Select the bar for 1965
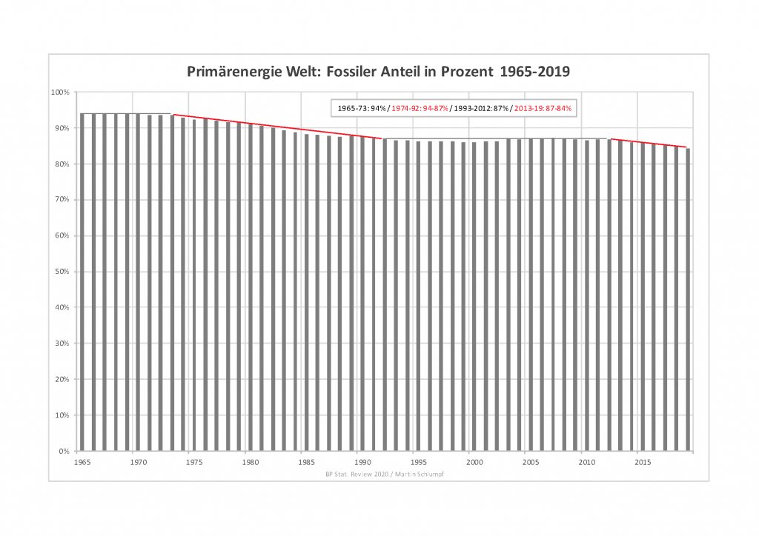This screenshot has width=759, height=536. (82, 281)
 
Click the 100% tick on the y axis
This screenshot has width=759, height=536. (59, 93)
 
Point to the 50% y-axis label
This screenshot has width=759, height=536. (61, 272)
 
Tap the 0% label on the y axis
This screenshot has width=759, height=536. (63, 451)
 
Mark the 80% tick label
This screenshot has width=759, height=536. (61, 164)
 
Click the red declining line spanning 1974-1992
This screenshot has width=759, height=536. (278, 127)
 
